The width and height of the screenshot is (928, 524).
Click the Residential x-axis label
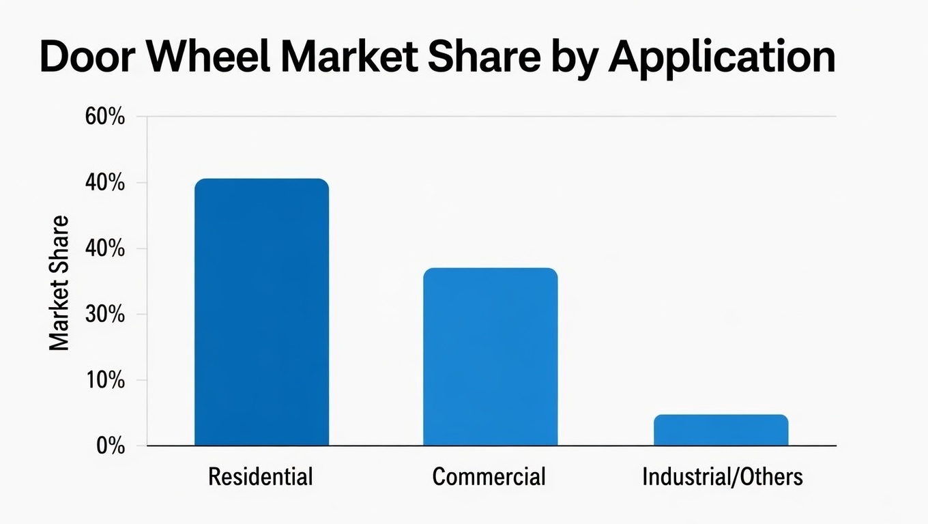(260, 476)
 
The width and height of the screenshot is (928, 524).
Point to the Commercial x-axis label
(489, 476)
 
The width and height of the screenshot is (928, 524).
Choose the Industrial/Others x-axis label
(722, 476)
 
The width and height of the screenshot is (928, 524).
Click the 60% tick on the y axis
(105, 117)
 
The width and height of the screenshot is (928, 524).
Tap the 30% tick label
(105, 315)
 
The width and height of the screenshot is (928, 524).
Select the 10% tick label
(105, 381)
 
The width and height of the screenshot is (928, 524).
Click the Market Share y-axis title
(60, 283)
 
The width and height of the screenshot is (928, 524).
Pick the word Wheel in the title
(205, 57)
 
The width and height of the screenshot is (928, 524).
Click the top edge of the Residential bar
(261, 179)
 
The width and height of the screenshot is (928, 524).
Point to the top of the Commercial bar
(490, 269)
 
